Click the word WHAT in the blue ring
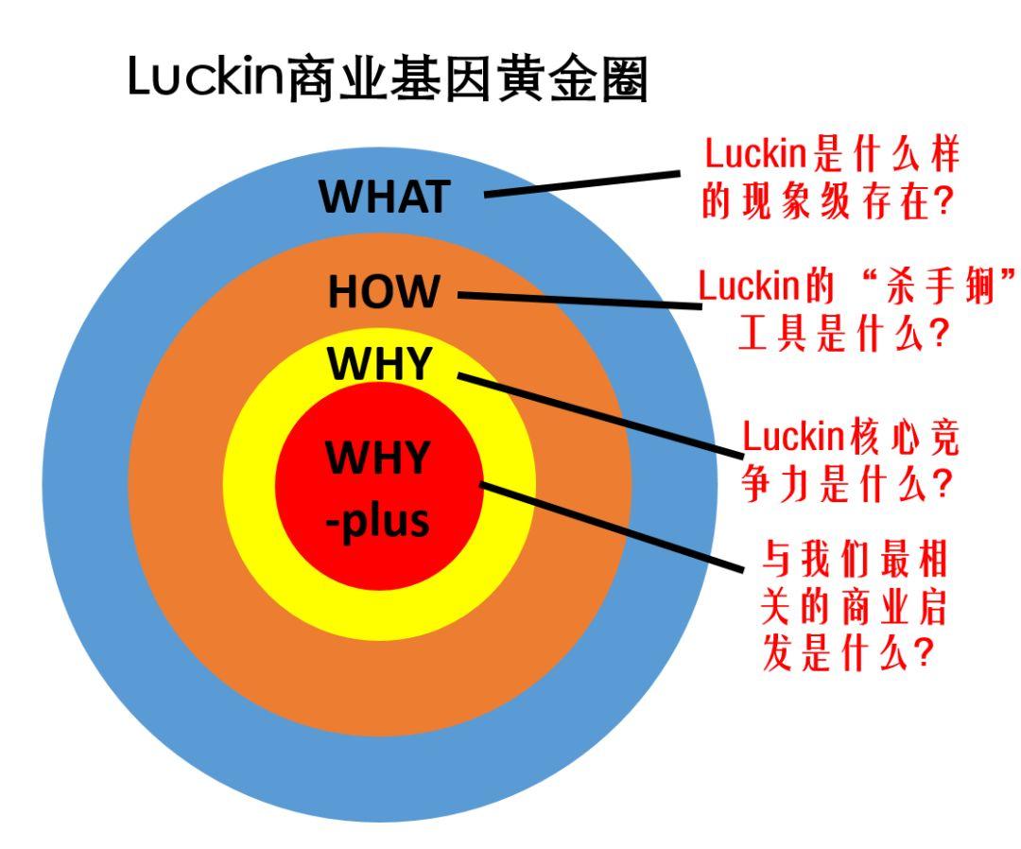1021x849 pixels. click(383, 197)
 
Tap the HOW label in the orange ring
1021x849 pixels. click(384, 292)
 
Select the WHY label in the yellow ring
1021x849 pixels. click(378, 365)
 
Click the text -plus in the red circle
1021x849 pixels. click(378, 519)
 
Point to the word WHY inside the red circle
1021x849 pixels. click(378, 459)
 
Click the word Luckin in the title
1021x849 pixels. click(206, 81)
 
